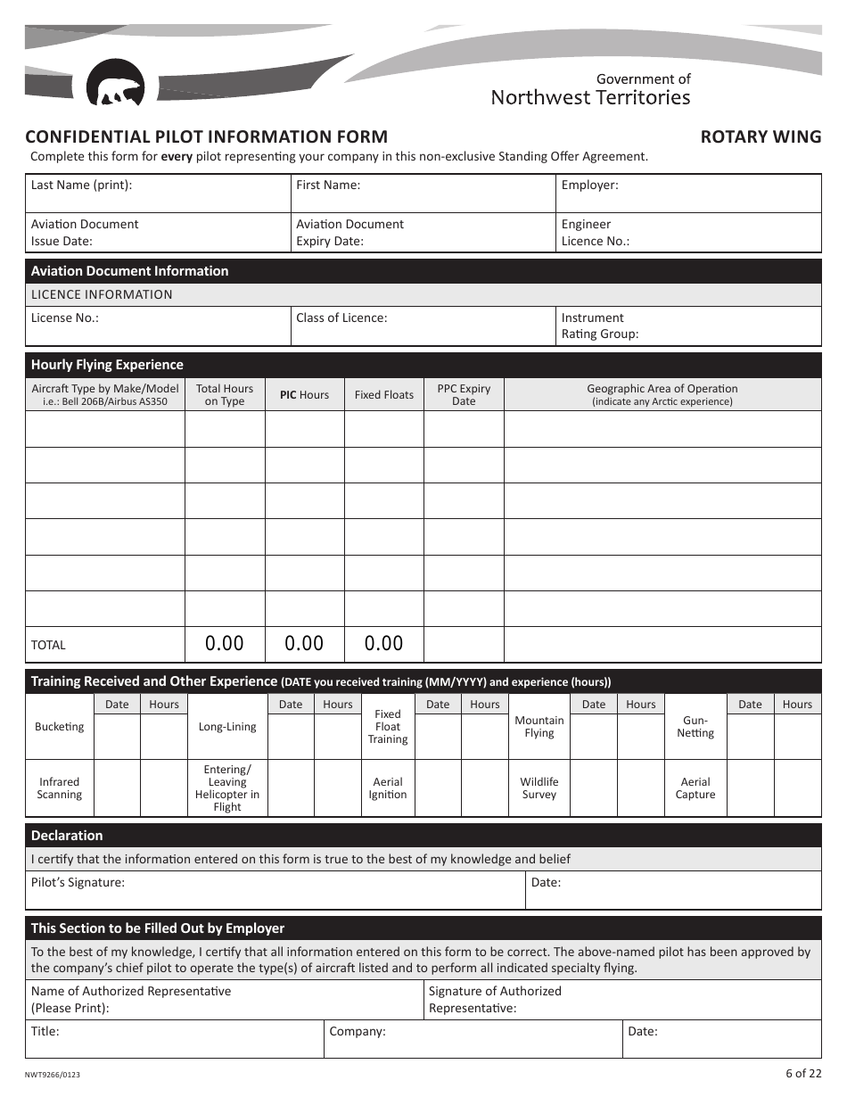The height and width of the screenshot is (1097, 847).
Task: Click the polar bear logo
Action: tap(115, 84)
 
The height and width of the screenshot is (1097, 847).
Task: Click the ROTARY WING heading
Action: tap(761, 136)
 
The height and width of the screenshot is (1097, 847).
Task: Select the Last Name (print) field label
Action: tap(81, 186)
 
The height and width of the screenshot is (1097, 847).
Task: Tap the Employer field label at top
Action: tap(589, 186)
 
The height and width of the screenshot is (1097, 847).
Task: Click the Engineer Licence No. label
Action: tap(595, 233)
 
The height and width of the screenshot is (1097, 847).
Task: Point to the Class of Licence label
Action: tap(341, 318)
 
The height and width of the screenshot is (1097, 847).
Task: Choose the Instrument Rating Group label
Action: tap(599, 326)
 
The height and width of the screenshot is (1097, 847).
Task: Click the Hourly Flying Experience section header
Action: tap(107, 365)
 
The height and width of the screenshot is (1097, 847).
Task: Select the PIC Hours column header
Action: tap(304, 395)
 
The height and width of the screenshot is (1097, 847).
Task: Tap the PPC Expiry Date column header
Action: tap(464, 395)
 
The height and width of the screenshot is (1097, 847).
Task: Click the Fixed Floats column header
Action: tap(383, 395)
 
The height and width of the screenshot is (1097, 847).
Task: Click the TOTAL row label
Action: tap(48, 645)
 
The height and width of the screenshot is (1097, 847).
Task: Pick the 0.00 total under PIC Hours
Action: tap(304, 643)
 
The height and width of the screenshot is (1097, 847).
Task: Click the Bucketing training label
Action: tap(59, 727)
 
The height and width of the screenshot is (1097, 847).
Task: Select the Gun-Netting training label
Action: tap(695, 727)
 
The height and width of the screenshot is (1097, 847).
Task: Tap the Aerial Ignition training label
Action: tap(388, 788)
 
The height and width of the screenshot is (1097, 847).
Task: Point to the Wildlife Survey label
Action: tap(539, 788)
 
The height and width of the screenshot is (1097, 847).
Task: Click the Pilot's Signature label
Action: tap(78, 883)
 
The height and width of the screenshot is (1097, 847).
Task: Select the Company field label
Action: tap(358, 1032)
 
